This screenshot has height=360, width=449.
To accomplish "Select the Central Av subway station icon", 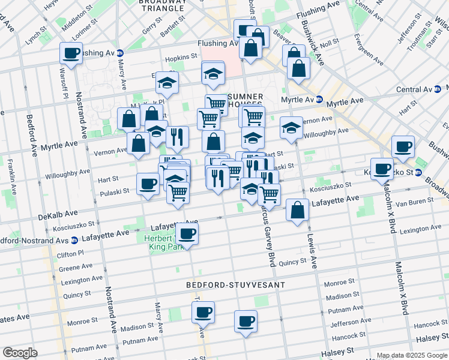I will point(438,89).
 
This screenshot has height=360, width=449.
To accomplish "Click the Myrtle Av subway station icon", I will point(319,100).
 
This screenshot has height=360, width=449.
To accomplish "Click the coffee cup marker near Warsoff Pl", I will point(71,54).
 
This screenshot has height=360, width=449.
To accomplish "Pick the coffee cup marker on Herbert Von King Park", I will point(187,233).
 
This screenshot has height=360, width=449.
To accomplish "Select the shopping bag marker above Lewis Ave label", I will point(297,210).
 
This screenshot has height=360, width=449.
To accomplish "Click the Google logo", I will point(20,353).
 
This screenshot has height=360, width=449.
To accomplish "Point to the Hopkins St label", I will point(181,57).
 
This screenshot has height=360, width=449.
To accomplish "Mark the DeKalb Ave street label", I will point(58,214).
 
